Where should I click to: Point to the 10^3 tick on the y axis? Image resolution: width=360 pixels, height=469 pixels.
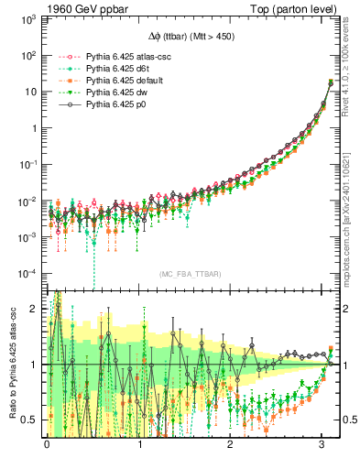tap(27, 19)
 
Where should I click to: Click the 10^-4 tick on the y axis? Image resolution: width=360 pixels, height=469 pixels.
tap(27, 273)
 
